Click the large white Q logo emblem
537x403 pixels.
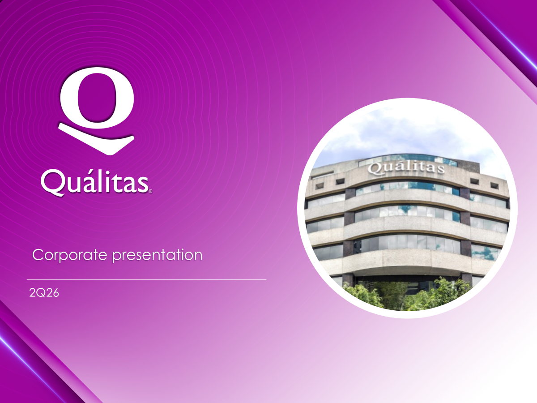pyautogui.click(x=97, y=111)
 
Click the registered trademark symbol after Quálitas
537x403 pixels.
pyautogui.click(x=150, y=191)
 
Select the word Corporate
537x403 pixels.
pyautogui.click(x=70, y=255)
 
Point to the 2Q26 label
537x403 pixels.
pyautogui.click(x=44, y=293)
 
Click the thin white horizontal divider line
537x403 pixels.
pyautogui.click(x=146, y=279)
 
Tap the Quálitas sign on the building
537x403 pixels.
pyautogui.click(x=406, y=168)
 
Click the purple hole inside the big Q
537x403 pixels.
pyautogui.click(x=97, y=97)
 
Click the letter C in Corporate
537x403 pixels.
pyautogui.click(x=38, y=255)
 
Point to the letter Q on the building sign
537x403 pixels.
pyautogui.click(x=373, y=169)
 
